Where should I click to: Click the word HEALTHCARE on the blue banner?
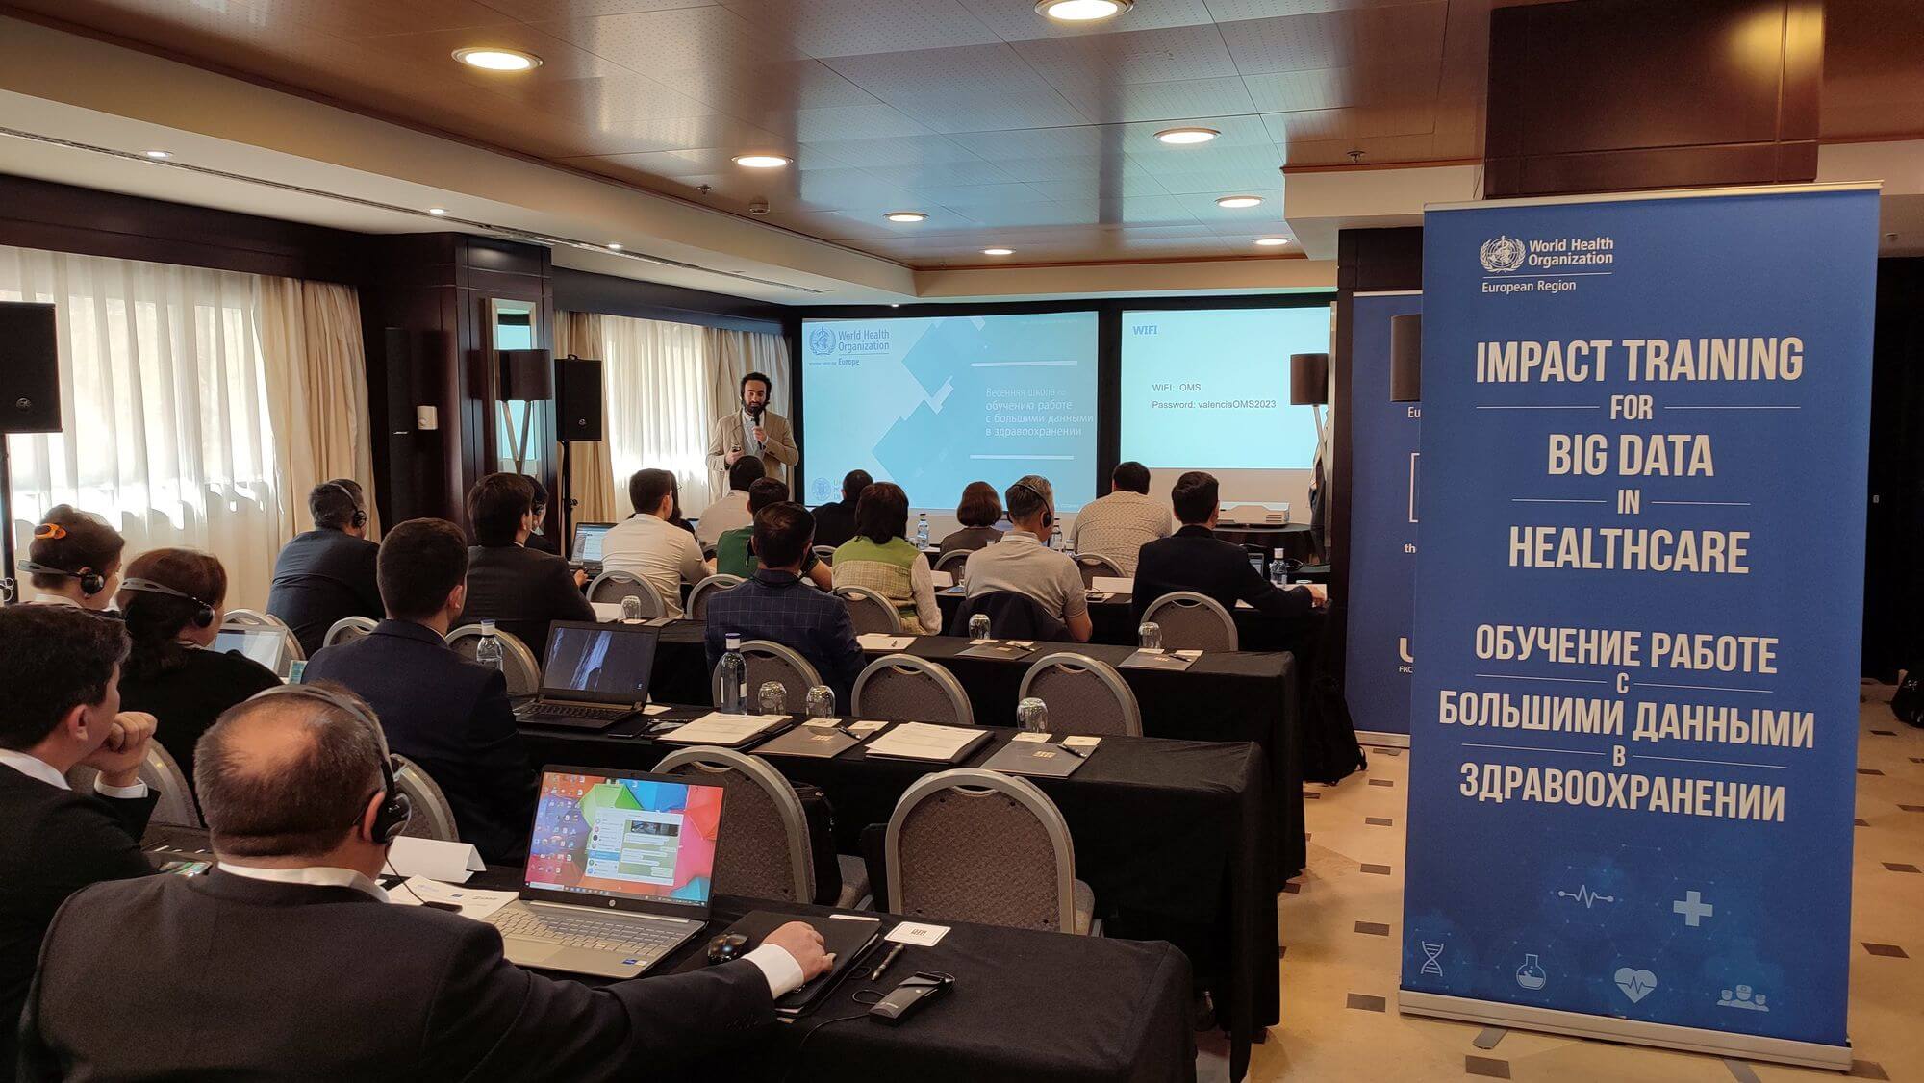pyautogui.click(x=1627, y=550)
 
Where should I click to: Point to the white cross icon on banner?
pyautogui.click(x=1691, y=907)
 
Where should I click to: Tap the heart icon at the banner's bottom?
pyautogui.click(x=1635, y=982)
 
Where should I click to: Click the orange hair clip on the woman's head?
pyautogui.click(x=48, y=530)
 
